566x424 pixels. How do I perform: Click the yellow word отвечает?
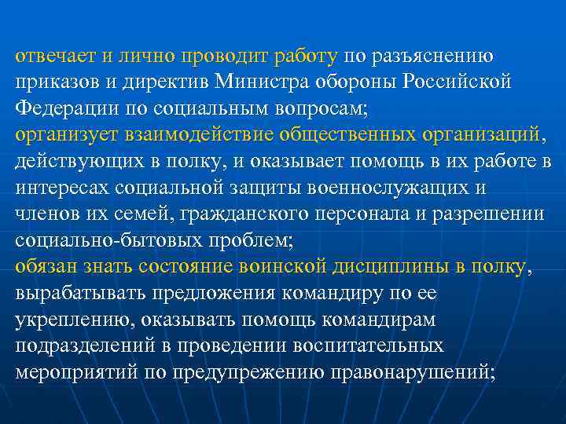point(52,57)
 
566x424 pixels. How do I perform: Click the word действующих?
point(68,161)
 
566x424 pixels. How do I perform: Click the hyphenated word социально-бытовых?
point(105,239)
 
